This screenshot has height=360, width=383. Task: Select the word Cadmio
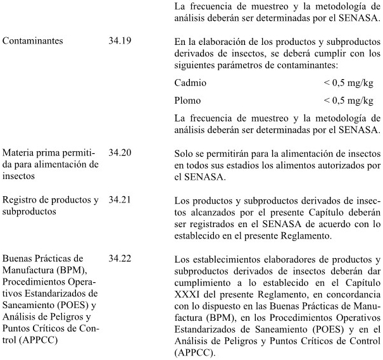coord(189,83)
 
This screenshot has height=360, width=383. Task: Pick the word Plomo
coord(187,101)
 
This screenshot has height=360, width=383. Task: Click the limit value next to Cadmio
coord(348,83)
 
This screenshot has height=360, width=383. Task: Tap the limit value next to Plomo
coord(348,101)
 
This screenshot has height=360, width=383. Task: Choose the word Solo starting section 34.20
coord(184,153)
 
